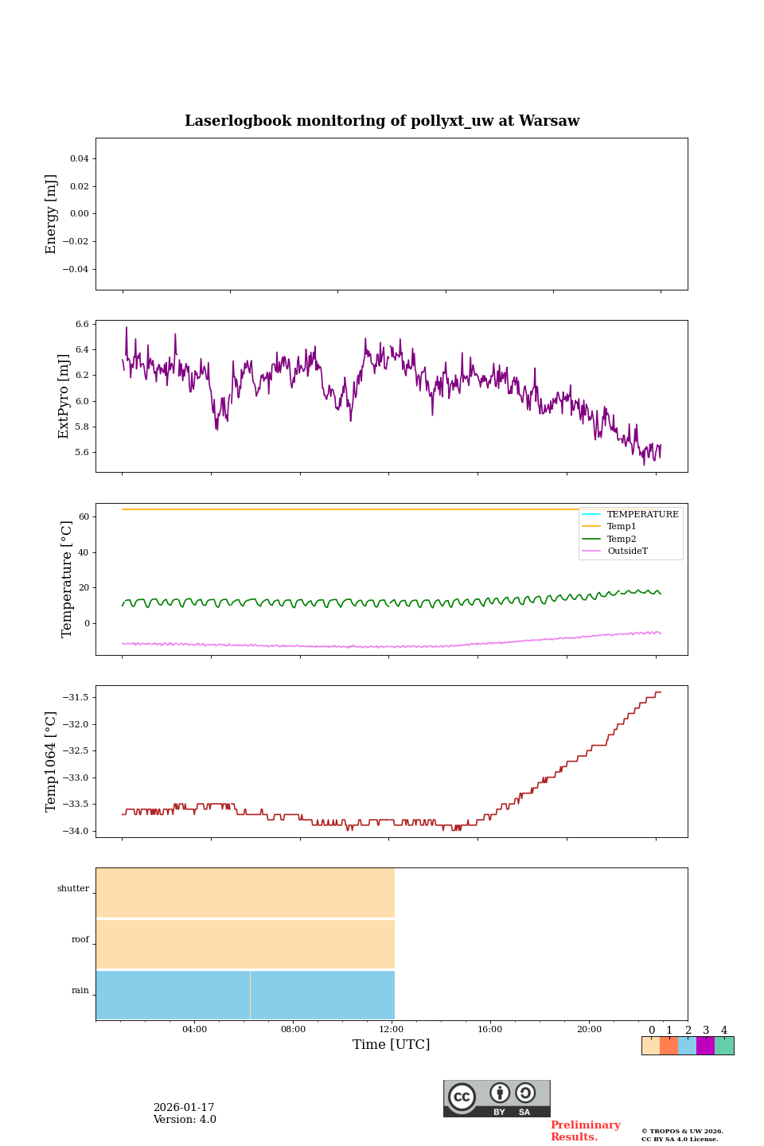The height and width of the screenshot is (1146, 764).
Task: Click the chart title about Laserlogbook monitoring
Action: (x=382, y=121)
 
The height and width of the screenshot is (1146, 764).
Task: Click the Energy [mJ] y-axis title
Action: (x=52, y=214)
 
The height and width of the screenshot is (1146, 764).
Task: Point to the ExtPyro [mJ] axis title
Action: (x=64, y=396)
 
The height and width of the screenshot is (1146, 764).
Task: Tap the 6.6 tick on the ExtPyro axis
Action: (x=82, y=325)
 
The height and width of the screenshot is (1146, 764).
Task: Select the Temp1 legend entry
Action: (x=622, y=527)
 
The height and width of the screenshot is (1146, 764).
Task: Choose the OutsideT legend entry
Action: (x=627, y=552)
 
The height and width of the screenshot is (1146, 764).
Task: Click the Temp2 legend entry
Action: (x=622, y=540)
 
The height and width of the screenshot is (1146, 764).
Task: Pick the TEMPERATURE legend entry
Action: (x=642, y=515)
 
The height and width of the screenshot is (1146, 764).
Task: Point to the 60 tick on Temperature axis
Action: (x=84, y=517)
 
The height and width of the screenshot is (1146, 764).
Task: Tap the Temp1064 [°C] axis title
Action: (x=52, y=762)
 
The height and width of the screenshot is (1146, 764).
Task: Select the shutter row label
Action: (x=73, y=889)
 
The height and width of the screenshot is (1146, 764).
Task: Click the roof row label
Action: (x=80, y=940)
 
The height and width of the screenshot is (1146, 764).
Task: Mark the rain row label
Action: (x=80, y=991)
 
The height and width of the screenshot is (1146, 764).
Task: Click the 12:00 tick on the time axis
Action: (x=392, y=1030)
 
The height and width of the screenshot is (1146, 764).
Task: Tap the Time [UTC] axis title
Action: (x=392, y=1045)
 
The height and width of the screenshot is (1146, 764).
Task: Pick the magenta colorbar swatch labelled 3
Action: (x=705, y=1046)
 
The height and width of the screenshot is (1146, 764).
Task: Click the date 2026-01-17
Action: (x=184, y=1108)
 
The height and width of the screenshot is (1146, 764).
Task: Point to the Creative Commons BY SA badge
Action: (x=497, y=1098)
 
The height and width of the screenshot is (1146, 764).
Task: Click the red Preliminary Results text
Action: (x=585, y=1131)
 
